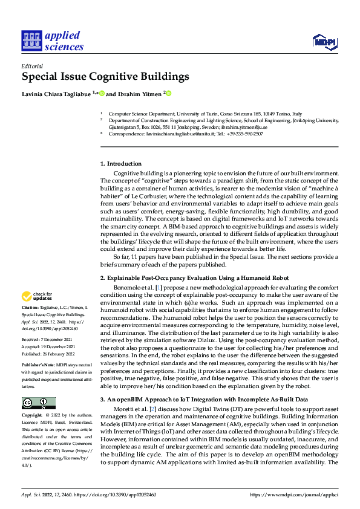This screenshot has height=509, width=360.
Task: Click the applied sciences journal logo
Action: pyautogui.click(x=53, y=41)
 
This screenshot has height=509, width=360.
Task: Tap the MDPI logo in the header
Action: pyautogui.click(x=323, y=41)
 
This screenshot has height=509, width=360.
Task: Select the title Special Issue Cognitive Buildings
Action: pyautogui.click(x=105, y=77)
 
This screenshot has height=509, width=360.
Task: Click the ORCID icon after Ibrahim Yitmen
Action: pyautogui.click(x=169, y=93)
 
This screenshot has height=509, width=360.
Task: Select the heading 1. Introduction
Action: pyautogui.click(x=121, y=163)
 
